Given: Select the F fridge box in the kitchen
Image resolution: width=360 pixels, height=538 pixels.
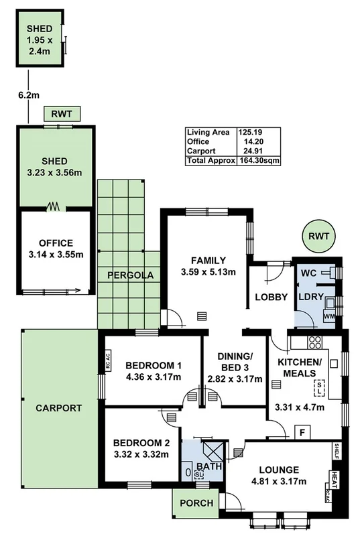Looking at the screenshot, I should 302,432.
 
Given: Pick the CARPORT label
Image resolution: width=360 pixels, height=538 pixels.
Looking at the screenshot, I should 58,407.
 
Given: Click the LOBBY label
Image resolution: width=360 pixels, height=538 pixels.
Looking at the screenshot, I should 271,297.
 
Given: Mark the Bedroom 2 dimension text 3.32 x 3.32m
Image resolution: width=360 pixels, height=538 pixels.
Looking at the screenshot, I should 141,455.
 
